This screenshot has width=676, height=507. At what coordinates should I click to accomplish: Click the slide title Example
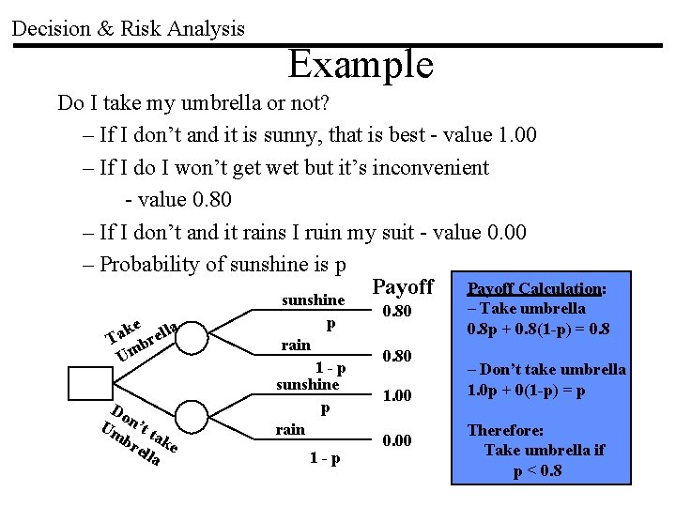click(x=361, y=65)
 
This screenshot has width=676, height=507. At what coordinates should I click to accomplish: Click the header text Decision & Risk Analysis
click(x=128, y=28)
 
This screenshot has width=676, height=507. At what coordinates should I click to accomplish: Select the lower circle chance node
click(x=242, y=421)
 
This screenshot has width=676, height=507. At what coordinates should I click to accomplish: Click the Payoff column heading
click(x=403, y=286)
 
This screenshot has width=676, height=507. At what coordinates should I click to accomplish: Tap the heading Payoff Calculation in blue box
click(x=537, y=288)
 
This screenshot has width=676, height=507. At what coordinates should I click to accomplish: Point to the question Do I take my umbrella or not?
click(x=192, y=101)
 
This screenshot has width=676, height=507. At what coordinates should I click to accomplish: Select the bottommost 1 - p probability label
click(x=325, y=459)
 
